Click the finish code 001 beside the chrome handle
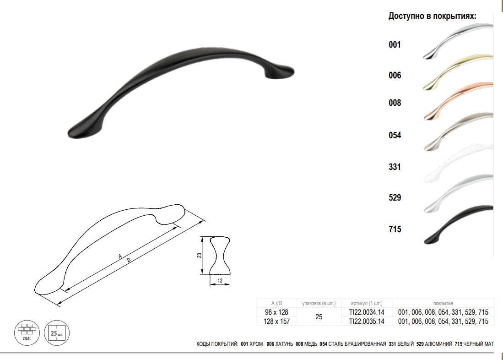tap(395, 44)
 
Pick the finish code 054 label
tap(395, 135)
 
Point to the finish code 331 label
tap(395, 167)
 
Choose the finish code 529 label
tap(395, 197)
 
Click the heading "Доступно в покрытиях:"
tap(432, 16)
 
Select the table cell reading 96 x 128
tap(276, 312)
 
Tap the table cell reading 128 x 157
tap(276, 321)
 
